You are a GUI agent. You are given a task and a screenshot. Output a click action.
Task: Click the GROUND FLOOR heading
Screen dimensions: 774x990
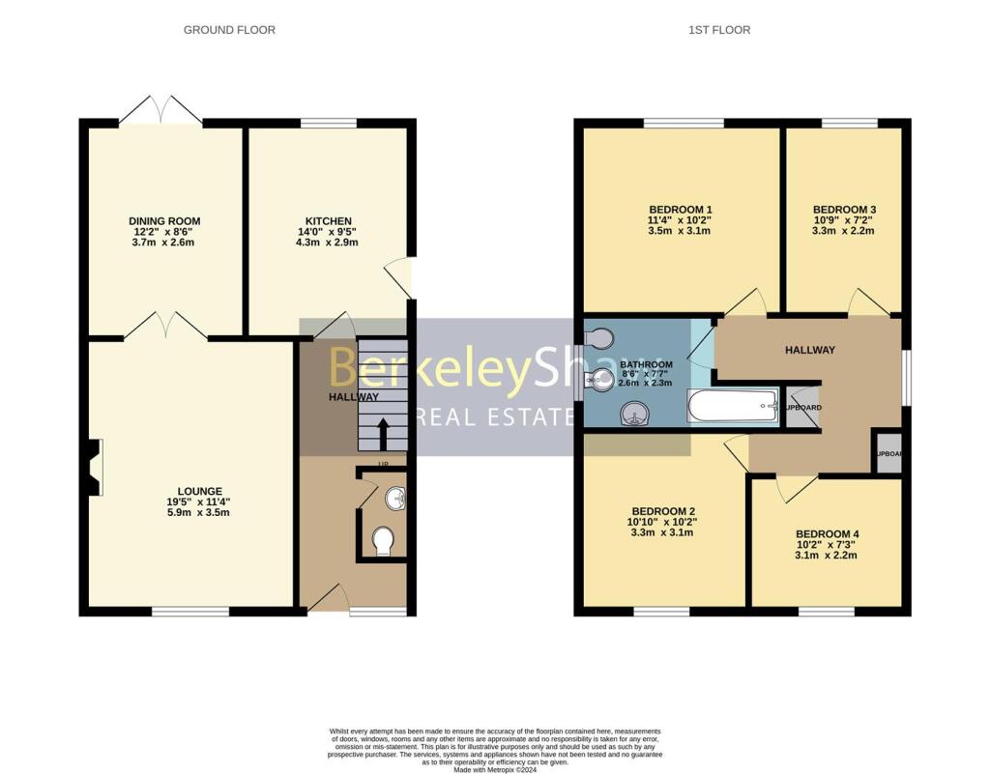click(x=229, y=30)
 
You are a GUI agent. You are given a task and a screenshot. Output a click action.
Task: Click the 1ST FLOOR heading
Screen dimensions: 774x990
click(x=718, y=30)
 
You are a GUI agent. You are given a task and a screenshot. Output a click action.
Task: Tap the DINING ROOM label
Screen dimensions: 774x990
click(x=164, y=221)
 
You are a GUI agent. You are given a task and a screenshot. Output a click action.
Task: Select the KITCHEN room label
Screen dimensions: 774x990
click(x=329, y=221)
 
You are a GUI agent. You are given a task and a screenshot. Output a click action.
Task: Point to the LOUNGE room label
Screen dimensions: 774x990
click(x=200, y=491)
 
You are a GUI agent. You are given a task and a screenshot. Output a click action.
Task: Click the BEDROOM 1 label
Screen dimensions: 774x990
click(x=680, y=210)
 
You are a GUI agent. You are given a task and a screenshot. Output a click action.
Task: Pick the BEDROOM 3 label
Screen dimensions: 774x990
click(x=844, y=210)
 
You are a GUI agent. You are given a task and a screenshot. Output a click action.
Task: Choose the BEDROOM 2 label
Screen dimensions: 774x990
click(x=663, y=511)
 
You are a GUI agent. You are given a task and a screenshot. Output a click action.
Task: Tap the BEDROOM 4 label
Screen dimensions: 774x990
click(x=827, y=533)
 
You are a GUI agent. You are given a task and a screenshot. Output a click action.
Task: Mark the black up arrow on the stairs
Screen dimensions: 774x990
click(x=383, y=433)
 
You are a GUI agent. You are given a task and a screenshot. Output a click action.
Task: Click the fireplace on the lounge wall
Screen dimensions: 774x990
click(x=94, y=468)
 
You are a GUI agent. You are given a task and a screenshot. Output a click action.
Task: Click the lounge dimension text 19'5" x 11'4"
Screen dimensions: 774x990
click(x=200, y=502)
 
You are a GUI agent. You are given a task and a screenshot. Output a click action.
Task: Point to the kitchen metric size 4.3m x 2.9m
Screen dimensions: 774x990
click(x=329, y=242)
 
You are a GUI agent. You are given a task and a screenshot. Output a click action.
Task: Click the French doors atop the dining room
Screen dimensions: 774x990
click(x=160, y=110)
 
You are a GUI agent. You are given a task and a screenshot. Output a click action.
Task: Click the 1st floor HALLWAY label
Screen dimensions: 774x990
click(x=808, y=350)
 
